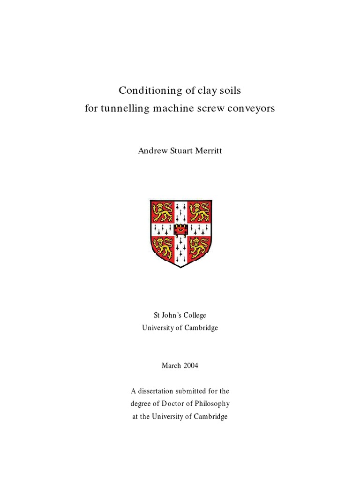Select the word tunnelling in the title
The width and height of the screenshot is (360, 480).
[124, 109]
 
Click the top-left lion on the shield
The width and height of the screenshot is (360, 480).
[162, 211]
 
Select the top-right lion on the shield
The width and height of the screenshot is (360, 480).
[198, 211]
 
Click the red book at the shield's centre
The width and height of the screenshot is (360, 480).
[180, 229]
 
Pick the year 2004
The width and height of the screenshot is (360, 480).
[189, 366]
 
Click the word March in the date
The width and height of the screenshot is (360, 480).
[171, 366]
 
